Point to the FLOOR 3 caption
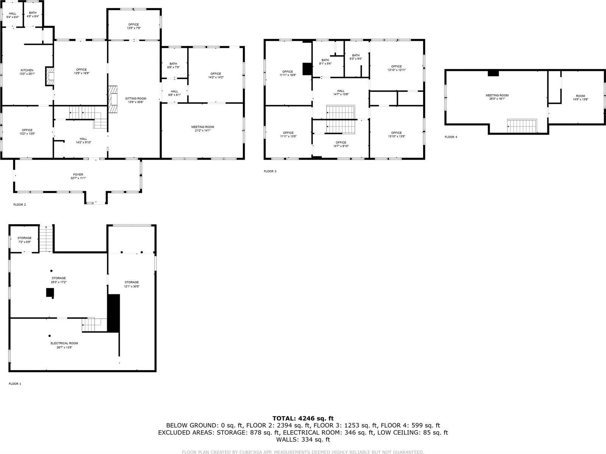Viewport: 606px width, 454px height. [270, 171]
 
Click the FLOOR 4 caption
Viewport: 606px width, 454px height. [451, 137]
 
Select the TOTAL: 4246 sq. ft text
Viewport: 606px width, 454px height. [303, 418]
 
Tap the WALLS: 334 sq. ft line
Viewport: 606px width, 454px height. [303, 440]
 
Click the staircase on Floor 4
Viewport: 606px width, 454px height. [522, 126]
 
